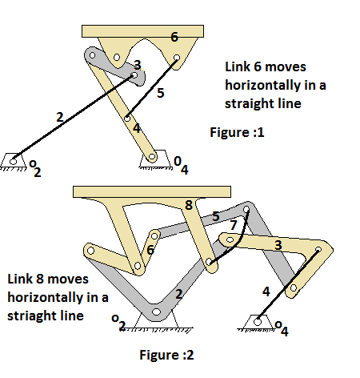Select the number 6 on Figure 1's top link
pos(174,37)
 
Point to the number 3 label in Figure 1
pos(137,65)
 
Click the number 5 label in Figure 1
pos(160,94)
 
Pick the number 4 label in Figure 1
pos(136,127)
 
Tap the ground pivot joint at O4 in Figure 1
pos(152,159)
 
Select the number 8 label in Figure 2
pos(189,206)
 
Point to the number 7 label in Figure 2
pos(233,227)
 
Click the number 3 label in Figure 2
pos(278,243)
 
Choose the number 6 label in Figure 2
pos(150,250)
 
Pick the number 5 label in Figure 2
pos(215,216)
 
